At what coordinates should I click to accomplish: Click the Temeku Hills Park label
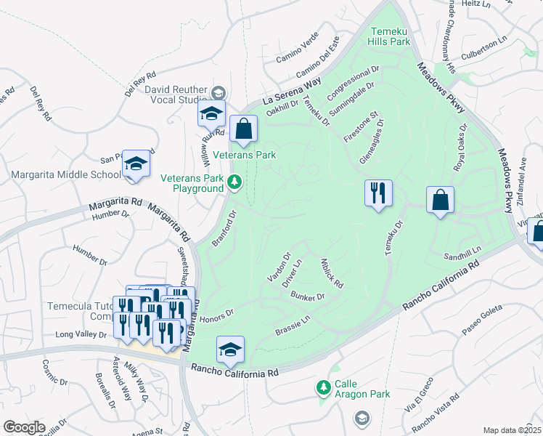(x=391, y=36)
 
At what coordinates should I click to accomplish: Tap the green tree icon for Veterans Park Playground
(x=234, y=182)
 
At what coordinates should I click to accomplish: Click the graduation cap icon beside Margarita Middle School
(x=135, y=165)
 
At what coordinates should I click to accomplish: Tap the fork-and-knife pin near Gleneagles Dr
(x=377, y=193)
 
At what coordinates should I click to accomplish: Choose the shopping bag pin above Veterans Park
(x=243, y=129)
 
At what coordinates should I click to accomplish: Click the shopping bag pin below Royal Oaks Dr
(x=440, y=201)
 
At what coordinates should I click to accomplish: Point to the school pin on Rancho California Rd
(x=230, y=350)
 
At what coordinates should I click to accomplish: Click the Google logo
(x=24, y=427)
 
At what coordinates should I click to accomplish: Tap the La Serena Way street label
(x=291, y=92)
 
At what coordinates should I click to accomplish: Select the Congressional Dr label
(x=354, y=84)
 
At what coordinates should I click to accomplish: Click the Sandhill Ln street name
(x=462, y=254)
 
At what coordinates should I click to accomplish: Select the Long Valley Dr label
(x=85, y=335)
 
